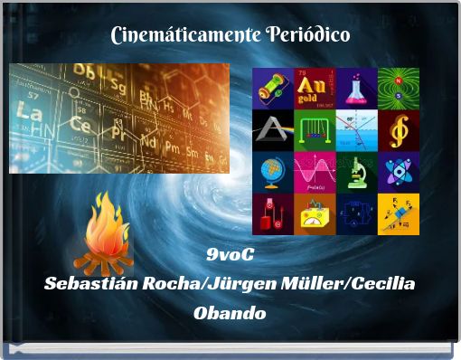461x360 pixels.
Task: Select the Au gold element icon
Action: click(315, 88)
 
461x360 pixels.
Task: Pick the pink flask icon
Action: click(356, 88)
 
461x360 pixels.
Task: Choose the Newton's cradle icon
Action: click(315, 129)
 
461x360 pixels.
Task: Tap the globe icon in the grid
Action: click(272, 171)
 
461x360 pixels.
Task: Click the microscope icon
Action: click(356, 171)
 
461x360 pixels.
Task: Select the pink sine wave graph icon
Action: click(315, 171)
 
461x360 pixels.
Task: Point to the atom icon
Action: click(398, 171)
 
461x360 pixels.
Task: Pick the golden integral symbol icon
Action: click(398, 129)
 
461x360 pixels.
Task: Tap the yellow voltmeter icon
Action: click(315, 213)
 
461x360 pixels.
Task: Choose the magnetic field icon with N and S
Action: click(398, 88)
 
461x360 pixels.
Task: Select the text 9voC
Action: click(230, 252)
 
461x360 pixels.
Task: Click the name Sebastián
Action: click(89, 282)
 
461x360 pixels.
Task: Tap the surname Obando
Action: click(230, 313)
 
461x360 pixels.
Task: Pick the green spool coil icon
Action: click(272, 88)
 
